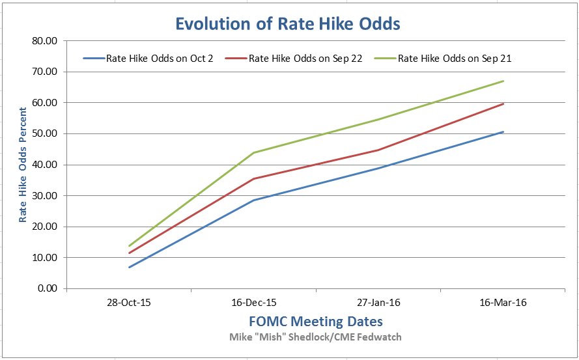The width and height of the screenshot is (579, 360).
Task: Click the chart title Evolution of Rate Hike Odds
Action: click(287, 24)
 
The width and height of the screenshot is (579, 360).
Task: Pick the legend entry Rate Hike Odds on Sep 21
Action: click(454, 59)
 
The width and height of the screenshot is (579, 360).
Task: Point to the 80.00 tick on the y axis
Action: click(44, 41)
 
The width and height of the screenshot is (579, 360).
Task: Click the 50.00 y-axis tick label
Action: click(44, 134)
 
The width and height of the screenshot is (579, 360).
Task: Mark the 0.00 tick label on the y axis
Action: click(47, 288)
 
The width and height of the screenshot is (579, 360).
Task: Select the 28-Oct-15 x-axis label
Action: click(130, 303)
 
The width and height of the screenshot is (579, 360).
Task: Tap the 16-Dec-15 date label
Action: click(254, 303)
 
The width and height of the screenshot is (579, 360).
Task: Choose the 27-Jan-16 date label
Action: click(379, 303)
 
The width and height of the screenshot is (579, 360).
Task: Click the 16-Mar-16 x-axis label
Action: click(503, 303)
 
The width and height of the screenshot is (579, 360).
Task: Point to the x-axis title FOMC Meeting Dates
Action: click(316, 322)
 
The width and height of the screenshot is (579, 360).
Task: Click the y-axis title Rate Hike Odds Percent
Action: click(23, 165)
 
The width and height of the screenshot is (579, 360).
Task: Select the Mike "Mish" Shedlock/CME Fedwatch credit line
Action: click(316, 337)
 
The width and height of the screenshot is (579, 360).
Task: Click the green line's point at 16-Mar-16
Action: click(503, 81)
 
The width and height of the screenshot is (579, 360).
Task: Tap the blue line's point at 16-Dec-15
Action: click(254, 200)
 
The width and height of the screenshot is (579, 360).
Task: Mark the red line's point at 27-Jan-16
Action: click(379, 150)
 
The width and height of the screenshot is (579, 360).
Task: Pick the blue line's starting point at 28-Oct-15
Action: click(130, 267)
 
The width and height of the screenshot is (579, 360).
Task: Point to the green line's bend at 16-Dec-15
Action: click(254, 152)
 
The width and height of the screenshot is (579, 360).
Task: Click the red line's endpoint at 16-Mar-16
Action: click(503, 104)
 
